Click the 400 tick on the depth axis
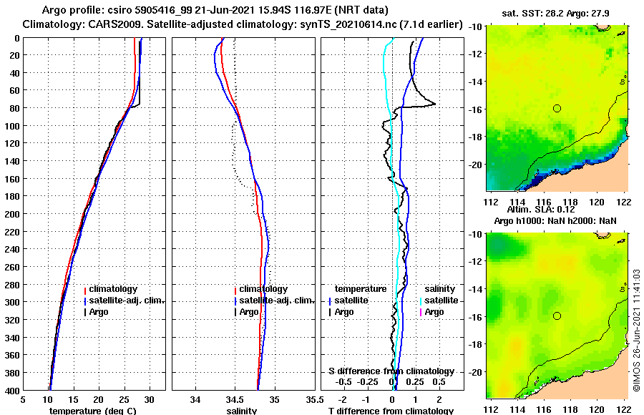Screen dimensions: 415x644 tap(12, 390)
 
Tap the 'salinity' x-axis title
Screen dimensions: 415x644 tap(242, 411)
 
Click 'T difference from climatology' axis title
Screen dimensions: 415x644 tap(391, 411)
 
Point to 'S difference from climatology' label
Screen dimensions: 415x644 tap(391, 371)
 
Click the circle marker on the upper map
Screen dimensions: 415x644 tap(557, 108)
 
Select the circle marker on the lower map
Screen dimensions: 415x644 tap(557, 316)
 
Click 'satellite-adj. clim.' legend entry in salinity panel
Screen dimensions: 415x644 tap(275, 301)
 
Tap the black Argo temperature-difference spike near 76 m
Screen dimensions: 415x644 tap(434, 104)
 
